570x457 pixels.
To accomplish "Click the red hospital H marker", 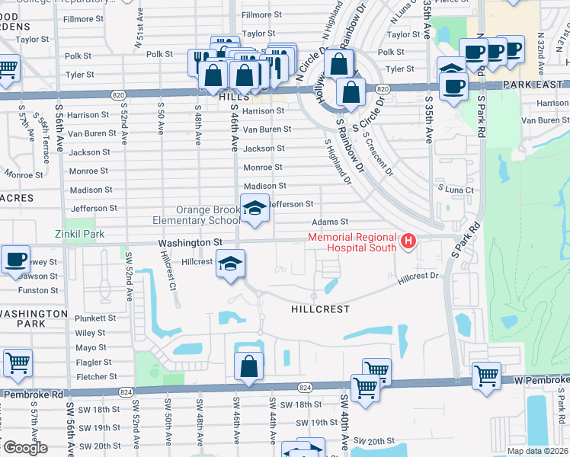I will pos(408,242).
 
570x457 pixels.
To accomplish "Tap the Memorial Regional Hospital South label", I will pos(352,242).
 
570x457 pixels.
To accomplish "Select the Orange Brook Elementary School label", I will pos(208,216).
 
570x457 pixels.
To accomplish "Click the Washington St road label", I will pos(190,241).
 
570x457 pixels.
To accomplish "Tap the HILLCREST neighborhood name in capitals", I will pos(321,310).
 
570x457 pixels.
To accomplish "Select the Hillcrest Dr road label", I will pos(419,279).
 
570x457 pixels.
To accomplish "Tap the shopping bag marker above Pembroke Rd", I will pos(248,367).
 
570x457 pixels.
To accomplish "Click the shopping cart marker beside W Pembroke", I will pos(486,376).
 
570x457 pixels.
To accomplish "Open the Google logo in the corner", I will pos(24,448).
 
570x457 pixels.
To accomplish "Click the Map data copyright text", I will pos(538,451).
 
